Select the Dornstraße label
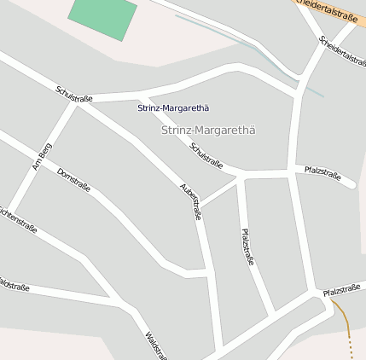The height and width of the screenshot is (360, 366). point(73,180)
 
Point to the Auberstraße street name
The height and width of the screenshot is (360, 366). point(191,202)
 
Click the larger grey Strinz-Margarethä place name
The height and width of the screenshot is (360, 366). point(208,130)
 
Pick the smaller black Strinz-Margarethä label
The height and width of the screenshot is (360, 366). point(173,108)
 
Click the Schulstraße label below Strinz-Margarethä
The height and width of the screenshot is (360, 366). point(206,155)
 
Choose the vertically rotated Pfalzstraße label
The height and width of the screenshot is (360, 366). point(247,247)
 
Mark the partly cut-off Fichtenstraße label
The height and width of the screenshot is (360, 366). point(17,221)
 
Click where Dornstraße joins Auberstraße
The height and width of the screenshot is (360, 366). point(206,273)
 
